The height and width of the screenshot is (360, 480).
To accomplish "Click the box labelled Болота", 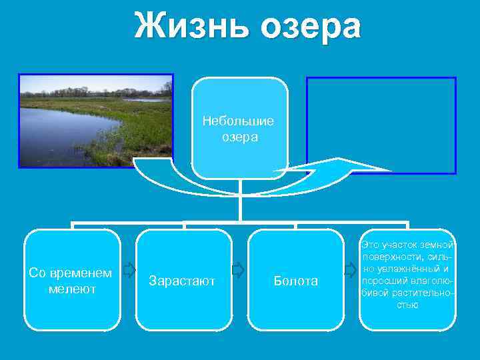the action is pyautogui.click(x=295, y=279).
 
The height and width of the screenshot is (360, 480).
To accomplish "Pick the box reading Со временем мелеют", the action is pyautogui.click(x=72, y=279).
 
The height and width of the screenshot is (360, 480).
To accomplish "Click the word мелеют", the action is pyautogui.click(x=72, y=289).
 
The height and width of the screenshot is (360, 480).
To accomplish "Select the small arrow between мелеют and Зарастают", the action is pyautogui.click(x=129, y=269).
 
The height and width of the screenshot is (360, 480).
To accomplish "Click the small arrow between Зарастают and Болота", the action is pyautogui.click(x=238, y=269).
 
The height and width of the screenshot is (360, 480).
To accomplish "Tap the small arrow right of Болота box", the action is pyautogui.click(x=351, y=269).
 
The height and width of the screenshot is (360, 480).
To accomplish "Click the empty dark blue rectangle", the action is pyautogui.click(x=381, y=124).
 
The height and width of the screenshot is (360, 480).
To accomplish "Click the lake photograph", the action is pyautogui.click(x=95, y=120).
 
